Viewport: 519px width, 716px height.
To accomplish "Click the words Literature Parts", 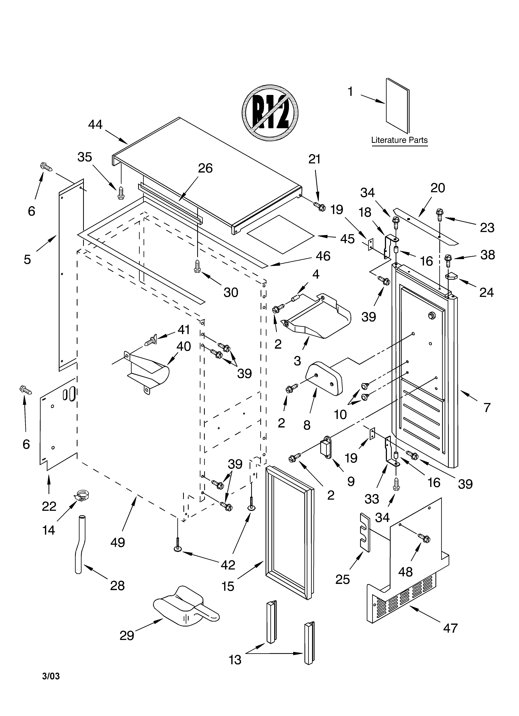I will click(399, 140).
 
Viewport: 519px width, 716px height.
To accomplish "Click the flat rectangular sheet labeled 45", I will click(280, 234).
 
